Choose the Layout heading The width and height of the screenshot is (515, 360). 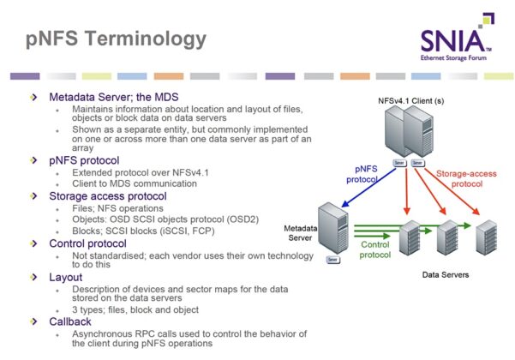68,277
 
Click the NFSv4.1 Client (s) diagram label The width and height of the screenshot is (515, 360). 410,100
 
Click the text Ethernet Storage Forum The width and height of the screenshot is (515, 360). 455,59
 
